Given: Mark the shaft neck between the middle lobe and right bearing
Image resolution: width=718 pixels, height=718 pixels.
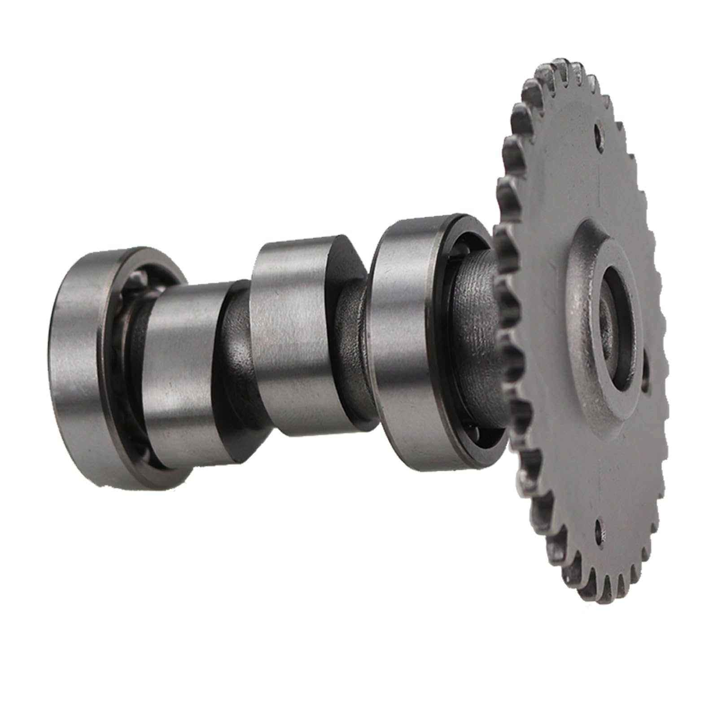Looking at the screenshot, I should [355, 350].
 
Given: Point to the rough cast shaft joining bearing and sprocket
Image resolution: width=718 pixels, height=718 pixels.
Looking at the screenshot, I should [476, 314].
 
